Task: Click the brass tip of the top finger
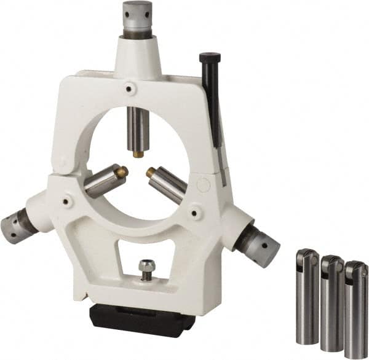138,154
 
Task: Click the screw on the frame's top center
128,88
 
